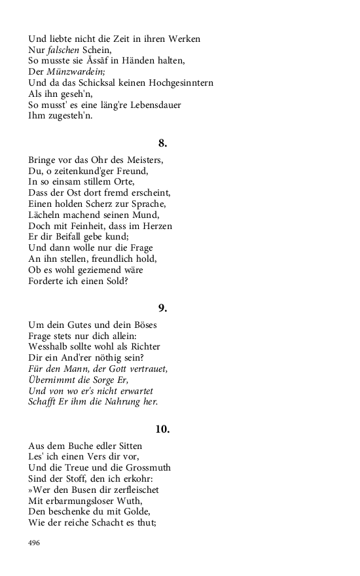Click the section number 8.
(x=163, y=143)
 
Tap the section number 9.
(x=163, y=308)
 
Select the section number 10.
(x=163, y=429)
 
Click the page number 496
(x=35, y=543)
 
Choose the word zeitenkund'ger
(x=97, y=171)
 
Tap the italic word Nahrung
(x=118, y=402)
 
